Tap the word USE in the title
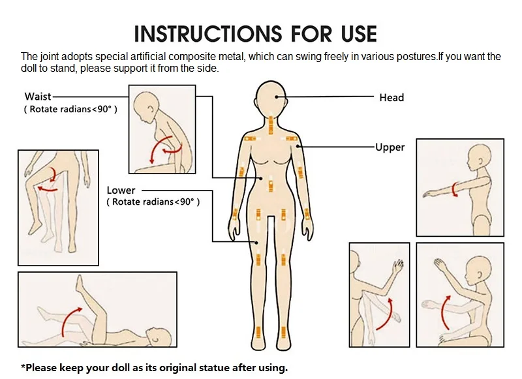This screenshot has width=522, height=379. pyautogui.click(x=358, y=34)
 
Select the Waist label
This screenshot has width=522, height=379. pyautogui.click(x=38, y=97)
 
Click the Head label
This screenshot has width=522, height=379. pyautogui.click(x=391, y=97)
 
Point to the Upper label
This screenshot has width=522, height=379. pyautogui.click(x=390, y=147)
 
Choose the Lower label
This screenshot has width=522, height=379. pyautogui.click(x=121, y=190)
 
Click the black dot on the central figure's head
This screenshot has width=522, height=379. pyautogui.click(x=276, y=97)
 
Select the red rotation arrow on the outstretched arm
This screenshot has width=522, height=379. pyautogui.click(x=453, y=189)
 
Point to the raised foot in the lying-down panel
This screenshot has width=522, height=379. pyautogui.click(x=80, y=285)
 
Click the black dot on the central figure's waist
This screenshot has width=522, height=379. pyautogui.click(x=262, y=178)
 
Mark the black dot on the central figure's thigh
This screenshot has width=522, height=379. pyautogui.click(x=256, y=243)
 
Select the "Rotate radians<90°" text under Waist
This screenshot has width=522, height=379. pyautogui.click(x=70, y=109)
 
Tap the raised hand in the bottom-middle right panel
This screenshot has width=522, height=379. pyautogui.click(x=398, y=265)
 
